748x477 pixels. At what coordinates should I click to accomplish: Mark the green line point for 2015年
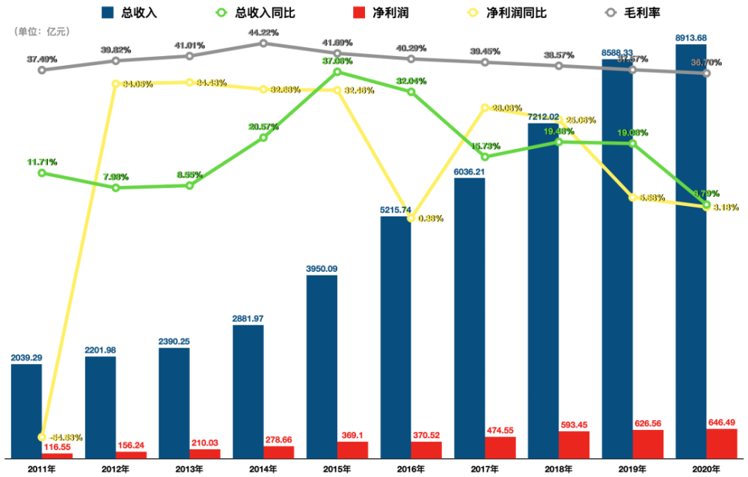click(x=337, y=72)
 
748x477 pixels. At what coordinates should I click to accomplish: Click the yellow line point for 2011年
click(x=42, y=437)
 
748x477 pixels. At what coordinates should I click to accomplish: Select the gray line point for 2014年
click(x=263, y=43)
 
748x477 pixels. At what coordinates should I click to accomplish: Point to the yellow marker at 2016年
click(x=411, y=218)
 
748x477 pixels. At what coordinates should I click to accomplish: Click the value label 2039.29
click(x=26, y=358)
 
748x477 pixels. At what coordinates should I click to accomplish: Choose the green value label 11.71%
click(x=42, y=161)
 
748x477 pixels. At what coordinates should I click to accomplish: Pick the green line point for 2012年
click(x=115, y=187)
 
